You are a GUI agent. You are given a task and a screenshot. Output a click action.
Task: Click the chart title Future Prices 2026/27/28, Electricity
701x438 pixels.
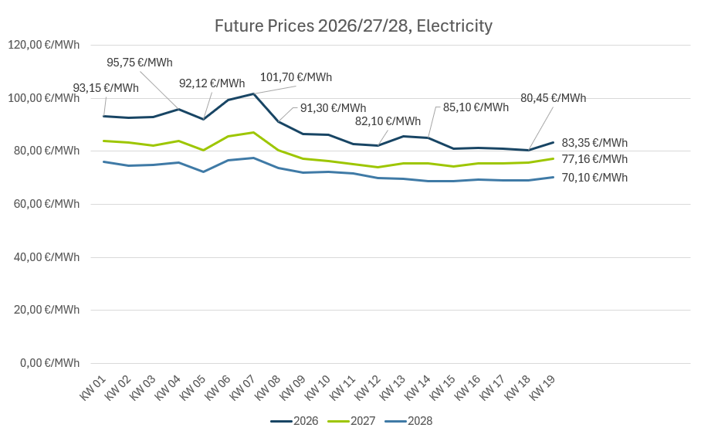(x=353, y=26)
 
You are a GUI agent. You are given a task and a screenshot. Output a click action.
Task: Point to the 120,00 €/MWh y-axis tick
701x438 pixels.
(x=43, y=45)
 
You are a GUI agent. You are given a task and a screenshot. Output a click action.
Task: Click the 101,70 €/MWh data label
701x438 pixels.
(x=296, y=77)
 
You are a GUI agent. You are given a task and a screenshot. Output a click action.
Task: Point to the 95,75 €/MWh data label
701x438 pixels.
(x=140, y=63)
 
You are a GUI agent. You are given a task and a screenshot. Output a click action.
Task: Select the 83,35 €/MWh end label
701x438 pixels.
(x=594, y=143)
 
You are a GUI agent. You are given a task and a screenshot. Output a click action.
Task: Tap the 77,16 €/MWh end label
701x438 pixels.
(x=594, y=159)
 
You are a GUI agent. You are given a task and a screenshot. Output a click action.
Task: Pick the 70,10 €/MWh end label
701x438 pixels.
(x=594, y=178)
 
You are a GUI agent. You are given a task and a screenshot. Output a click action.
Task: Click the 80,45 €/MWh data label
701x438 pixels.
(x=553, y=98)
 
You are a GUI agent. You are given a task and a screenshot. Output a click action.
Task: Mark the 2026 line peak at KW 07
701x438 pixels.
(x=254, y=93)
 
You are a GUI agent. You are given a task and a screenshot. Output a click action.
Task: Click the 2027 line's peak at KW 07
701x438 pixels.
(x=254, y=132)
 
